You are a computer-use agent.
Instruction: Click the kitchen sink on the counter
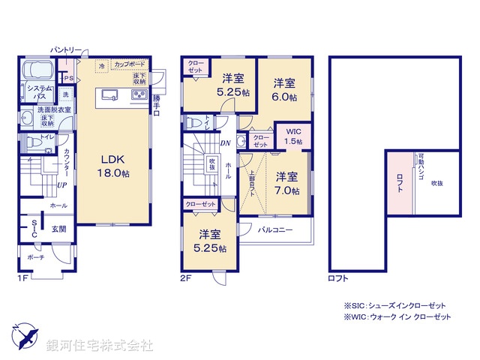(x=109, y=94)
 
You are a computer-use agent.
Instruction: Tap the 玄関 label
(x=58, y=229)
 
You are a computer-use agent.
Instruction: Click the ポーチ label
(x=35, y=257)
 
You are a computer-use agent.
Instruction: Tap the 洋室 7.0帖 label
(x=286, y=184)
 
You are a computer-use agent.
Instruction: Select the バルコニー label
(x=275, y=230)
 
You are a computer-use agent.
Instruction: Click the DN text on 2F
(x=224, y=142)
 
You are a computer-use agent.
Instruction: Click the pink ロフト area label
(x=400, y=180)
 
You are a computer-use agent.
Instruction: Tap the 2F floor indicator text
(x=185, y=277)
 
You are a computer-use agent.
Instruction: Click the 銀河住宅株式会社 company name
(x=100, y=346)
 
